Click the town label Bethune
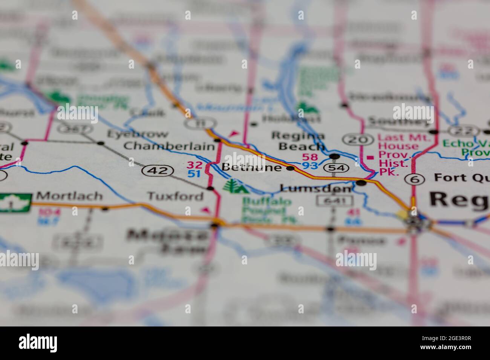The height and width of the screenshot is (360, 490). click(251, 168)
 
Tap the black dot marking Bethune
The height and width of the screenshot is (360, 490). click(290, 168)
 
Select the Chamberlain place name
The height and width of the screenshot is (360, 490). click(169, 146)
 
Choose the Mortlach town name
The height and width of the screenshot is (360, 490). click(69, 196)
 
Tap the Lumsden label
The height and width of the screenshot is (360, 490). click(316, 188)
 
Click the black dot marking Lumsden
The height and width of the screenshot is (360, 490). click(361, 183)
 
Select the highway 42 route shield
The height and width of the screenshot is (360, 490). click(158, 171)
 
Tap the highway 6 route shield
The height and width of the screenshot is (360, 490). click(416, 179)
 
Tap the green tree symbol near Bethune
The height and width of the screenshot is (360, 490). click(231, 186)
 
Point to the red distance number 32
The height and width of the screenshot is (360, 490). click(195, 165)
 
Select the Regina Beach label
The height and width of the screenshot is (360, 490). click(298, 140)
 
